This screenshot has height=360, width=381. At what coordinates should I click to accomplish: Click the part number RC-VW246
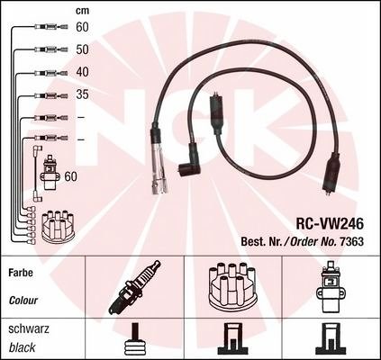(330, 223)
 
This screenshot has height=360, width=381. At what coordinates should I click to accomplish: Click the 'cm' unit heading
(82, 11)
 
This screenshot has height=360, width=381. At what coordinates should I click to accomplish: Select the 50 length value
(82, 49)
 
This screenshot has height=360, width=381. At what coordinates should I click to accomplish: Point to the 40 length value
(82, 72)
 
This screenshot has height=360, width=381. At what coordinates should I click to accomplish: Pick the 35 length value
(82, 94)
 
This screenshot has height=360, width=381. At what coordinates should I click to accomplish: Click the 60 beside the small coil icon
(71, 176)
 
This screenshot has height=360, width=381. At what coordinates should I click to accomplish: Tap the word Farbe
(21, 273)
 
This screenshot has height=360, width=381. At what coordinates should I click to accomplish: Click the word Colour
(23, 301)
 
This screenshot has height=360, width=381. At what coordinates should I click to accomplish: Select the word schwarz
(29, 328)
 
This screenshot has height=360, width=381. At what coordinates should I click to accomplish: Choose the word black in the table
(22, 347)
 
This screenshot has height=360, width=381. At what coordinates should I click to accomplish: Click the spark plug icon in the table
(134, 287)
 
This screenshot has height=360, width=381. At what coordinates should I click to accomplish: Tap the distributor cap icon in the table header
(232, 287)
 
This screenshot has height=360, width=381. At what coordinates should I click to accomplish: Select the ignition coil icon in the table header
(330, 287)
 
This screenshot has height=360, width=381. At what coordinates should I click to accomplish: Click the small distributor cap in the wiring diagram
(58, 227)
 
